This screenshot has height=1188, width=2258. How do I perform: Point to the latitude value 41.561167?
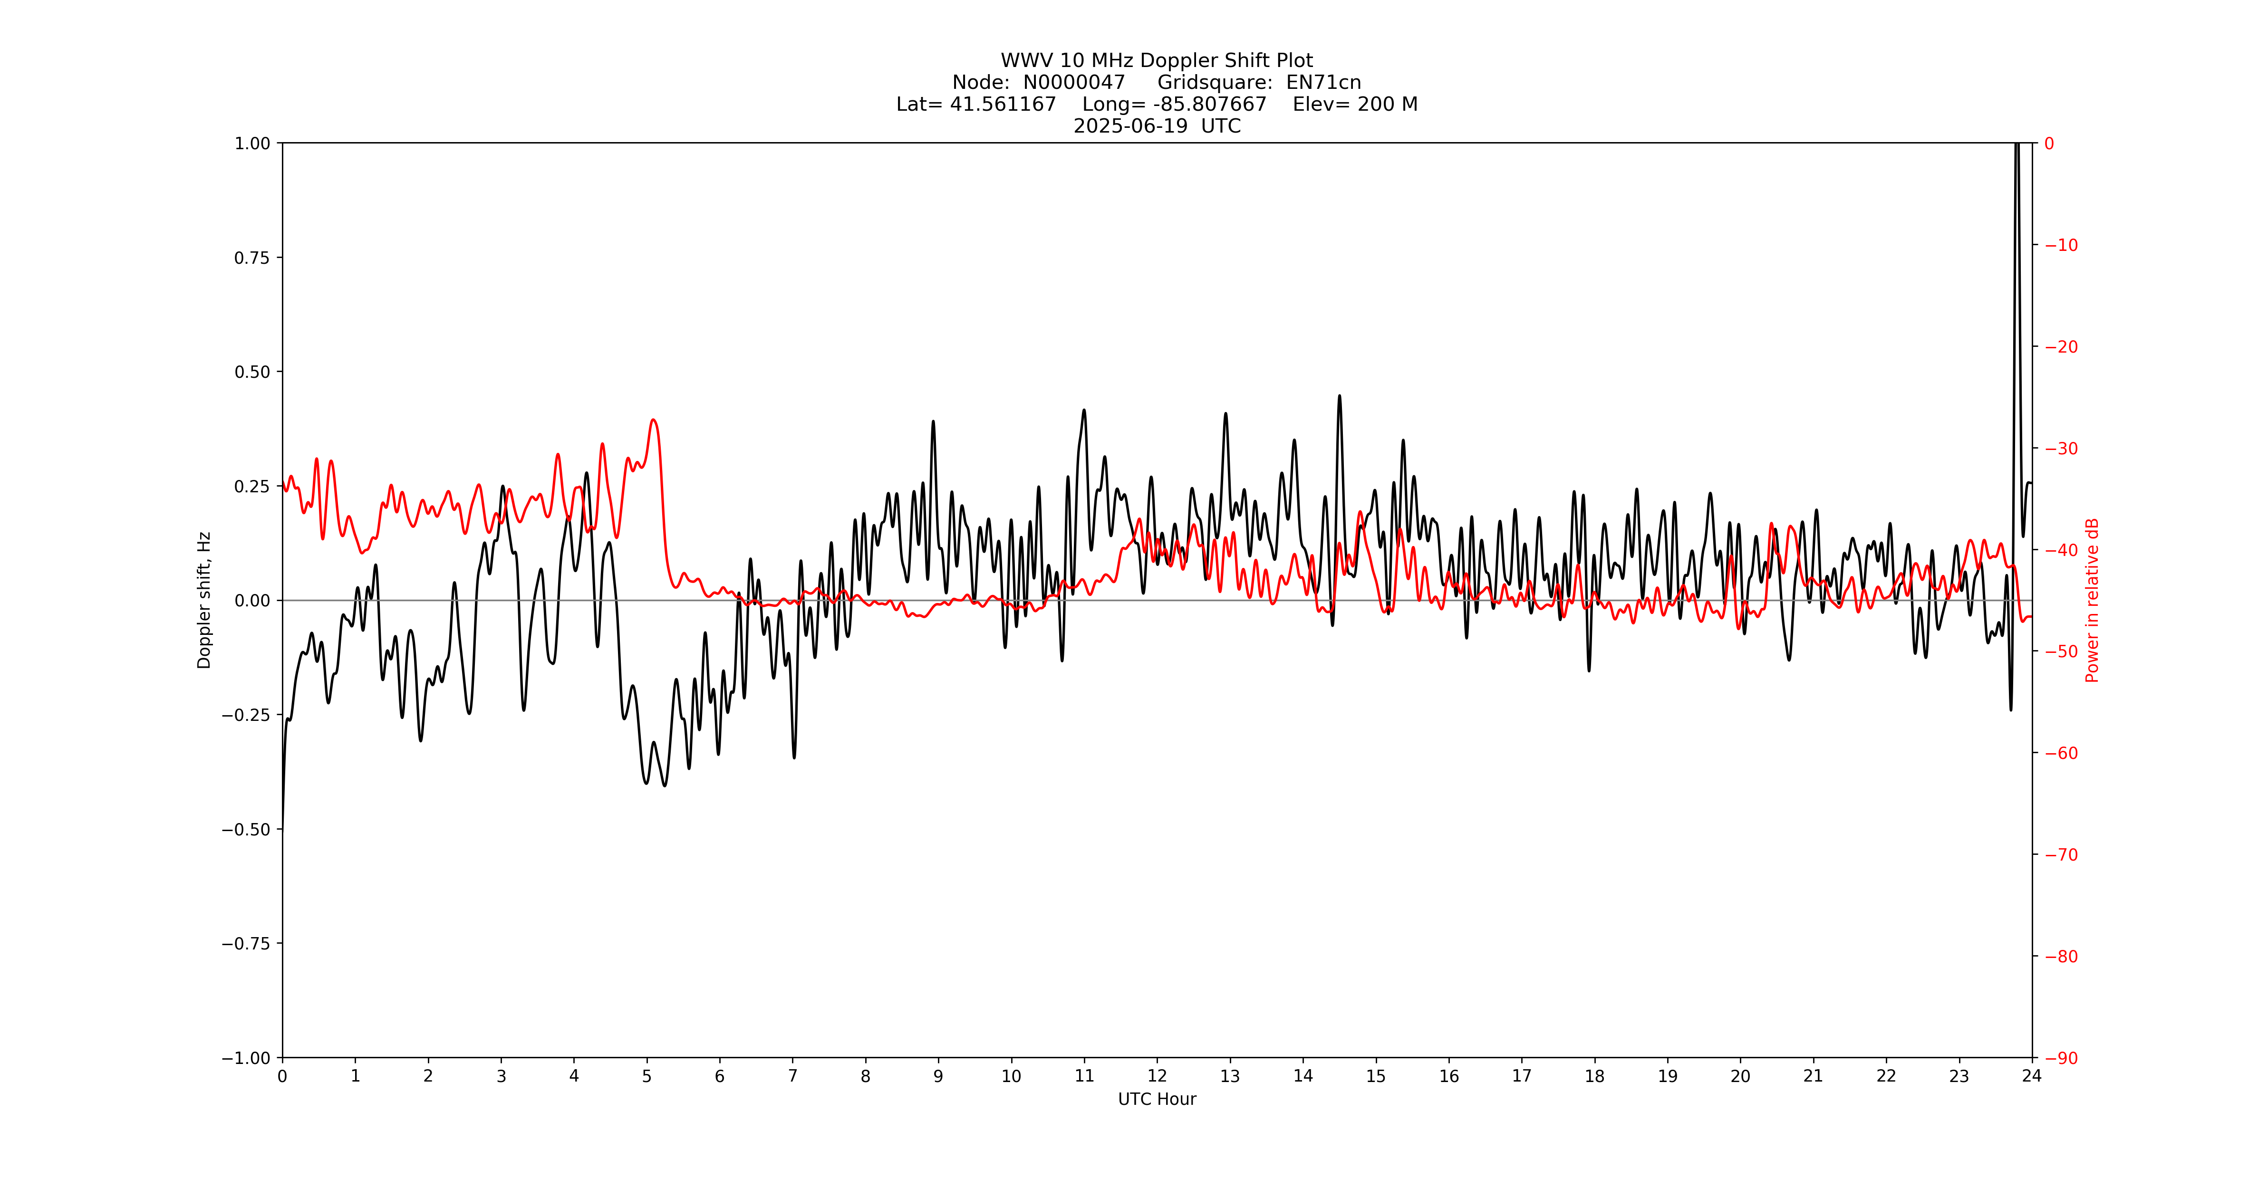1003,104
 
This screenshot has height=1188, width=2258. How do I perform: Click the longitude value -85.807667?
1210,104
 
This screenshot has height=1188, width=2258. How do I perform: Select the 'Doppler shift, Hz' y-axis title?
204,600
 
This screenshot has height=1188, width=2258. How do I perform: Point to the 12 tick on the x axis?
1157,1076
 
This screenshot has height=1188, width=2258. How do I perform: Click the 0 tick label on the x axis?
282,1076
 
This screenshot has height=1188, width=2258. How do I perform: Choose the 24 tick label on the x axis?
2032,1076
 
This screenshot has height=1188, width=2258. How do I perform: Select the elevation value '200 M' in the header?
1387,104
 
